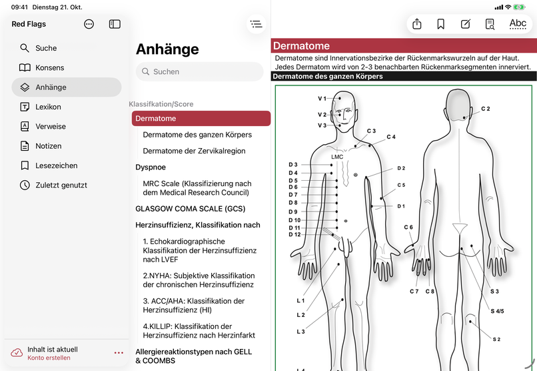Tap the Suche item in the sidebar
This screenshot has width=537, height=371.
pyautogui.click(x=45, y=48)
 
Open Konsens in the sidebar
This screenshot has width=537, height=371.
pyautogui.click(x=49, y=67)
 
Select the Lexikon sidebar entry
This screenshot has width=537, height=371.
pyautogui.click(x=48, y=107)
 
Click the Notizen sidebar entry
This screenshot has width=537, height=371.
pyautogui.click(x=48, y=146)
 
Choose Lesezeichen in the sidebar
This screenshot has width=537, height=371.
pyautogui.click(x=56, y=165)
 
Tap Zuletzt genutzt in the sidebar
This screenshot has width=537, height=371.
pyautogui.click(x=61, y=185)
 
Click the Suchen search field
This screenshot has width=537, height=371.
pyautogui.click(x=200, y=71)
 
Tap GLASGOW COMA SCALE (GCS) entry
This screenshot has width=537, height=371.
pyautogui.click(x=190, y=208)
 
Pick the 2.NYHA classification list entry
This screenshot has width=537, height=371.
pyautogui.click(x=199, y=280)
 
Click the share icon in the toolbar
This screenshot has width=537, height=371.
pyautogui.click(x=417, y=24)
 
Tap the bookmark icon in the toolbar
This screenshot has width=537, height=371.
pyautogui.click(x=441, y=24)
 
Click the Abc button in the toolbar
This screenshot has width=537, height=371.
pyautogui.click(x=518, y=24)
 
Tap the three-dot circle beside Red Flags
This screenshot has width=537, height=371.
pyautogui.click(x=89, y=24)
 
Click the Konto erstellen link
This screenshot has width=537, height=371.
pyautogui.click(x=49, y=358)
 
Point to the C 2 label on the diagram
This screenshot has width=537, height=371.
pyautogui.click(x=486, y=109)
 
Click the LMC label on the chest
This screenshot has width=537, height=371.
pyautogui.click(x=337, y=157)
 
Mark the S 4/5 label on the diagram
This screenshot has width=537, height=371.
pyautogui.click(x=498, y=311)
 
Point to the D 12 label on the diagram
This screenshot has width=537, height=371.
pyautogui.click(x=294, y=234)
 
